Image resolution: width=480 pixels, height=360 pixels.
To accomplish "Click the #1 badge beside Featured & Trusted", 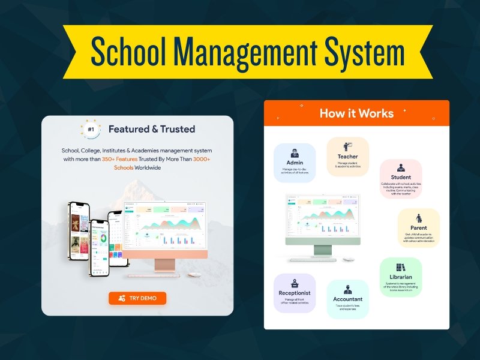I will pos(91,128).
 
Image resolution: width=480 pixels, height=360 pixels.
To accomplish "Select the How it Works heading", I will pos(356,113).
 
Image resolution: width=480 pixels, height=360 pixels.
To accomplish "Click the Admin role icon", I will pos(295,152).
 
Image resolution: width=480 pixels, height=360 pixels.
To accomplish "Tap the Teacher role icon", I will pos(347,146).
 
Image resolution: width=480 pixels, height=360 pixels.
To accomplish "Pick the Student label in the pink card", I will pos(400,177).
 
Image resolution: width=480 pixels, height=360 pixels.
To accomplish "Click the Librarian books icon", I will pos(400,267).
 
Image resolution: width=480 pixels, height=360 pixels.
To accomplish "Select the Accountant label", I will pos(348,299).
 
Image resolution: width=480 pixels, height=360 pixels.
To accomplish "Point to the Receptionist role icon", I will pos(295,283).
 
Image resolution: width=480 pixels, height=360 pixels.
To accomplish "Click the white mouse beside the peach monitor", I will pos(193,275).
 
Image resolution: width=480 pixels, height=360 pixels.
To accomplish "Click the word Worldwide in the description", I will pos(146,168).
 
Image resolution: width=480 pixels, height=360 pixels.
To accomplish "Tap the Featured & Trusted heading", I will pos(152,128).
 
